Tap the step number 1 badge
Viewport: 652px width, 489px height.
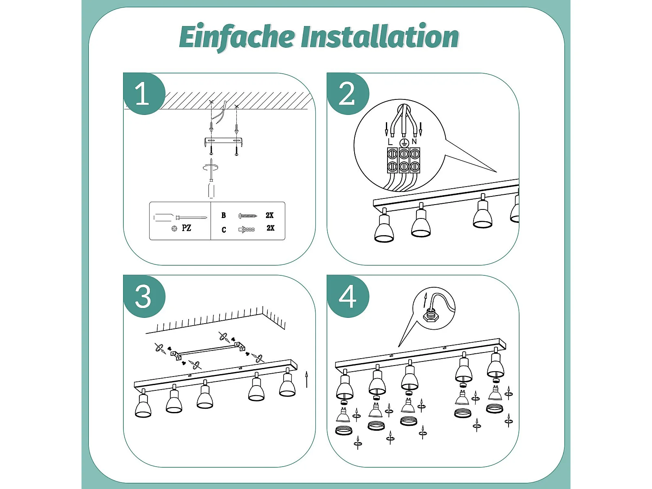(x=143, y=94)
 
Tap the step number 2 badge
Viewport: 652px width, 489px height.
(x=347, y=94)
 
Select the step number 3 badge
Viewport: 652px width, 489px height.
(x=143, y=297)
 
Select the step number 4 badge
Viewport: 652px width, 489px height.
(x=348, y=297)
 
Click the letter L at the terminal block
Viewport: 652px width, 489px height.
(x=390, y=142)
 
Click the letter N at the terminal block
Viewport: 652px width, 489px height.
(x=414, y=142)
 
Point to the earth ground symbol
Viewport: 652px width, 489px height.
(x=404, y=143)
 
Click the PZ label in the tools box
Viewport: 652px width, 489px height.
(x=186, y=228)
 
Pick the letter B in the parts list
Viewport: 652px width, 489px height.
(x=224, y=216)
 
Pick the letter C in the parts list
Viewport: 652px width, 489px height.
(x=224, y=230)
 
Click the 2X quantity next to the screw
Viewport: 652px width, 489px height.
(x=269, y=215)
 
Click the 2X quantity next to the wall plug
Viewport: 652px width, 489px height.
(x=270, y=228)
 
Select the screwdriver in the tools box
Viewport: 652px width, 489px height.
(x=179, y=218)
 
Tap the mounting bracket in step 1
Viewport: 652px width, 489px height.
(x=224, y=141)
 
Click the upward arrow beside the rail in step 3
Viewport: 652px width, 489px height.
(x=306, y=379)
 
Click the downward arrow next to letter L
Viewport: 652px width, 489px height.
(x=386, y=129)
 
